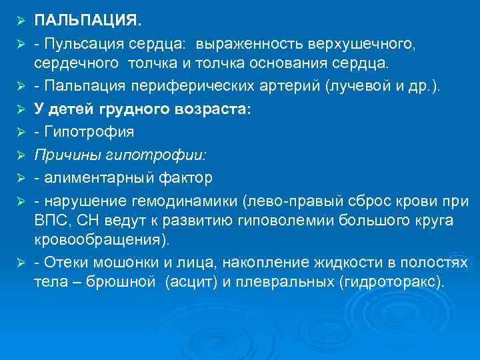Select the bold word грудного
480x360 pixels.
(132, 109)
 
